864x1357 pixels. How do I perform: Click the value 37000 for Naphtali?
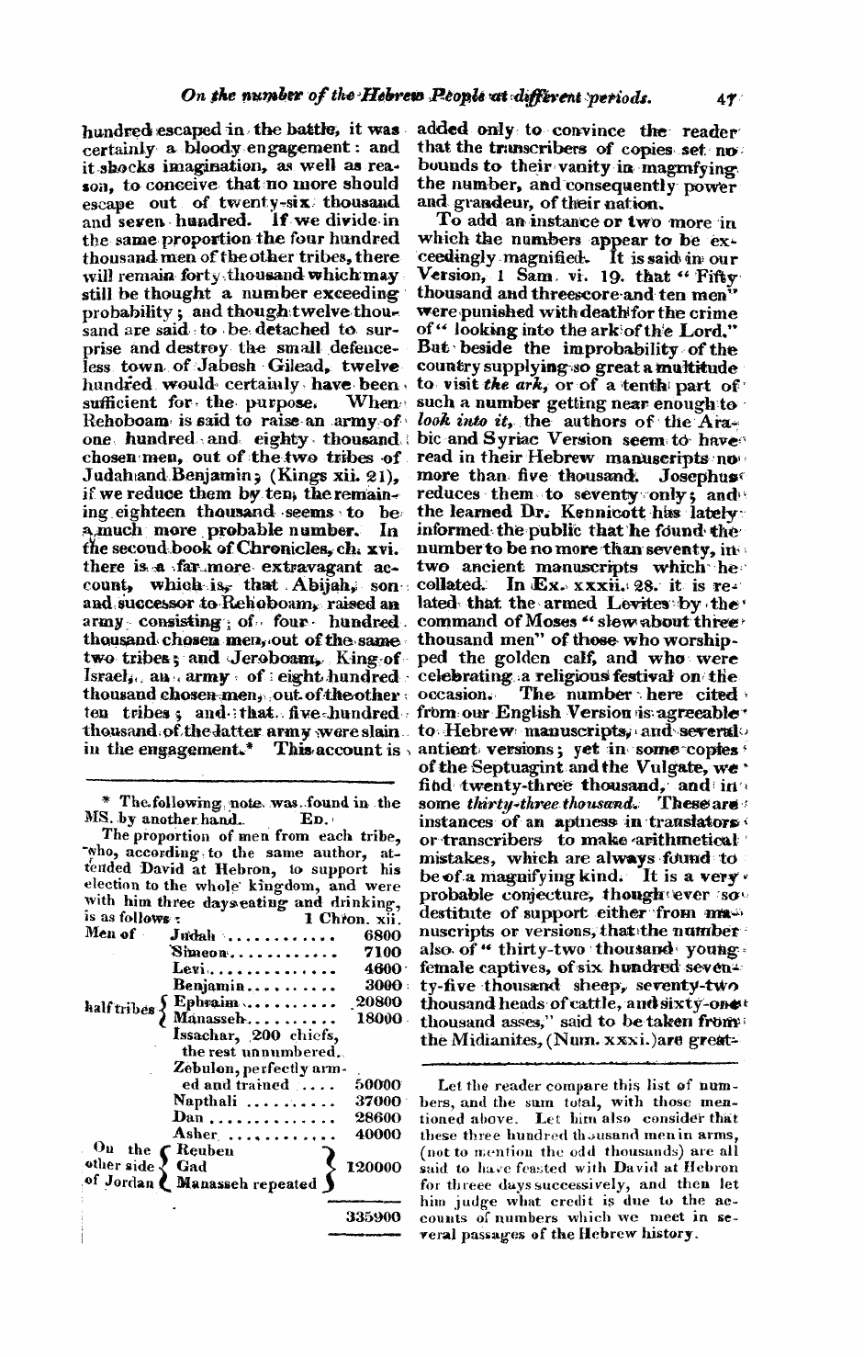point(378,1101)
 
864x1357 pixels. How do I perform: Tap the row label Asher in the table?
point(193,1134)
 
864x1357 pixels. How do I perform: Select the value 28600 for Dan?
point(378,1117)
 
